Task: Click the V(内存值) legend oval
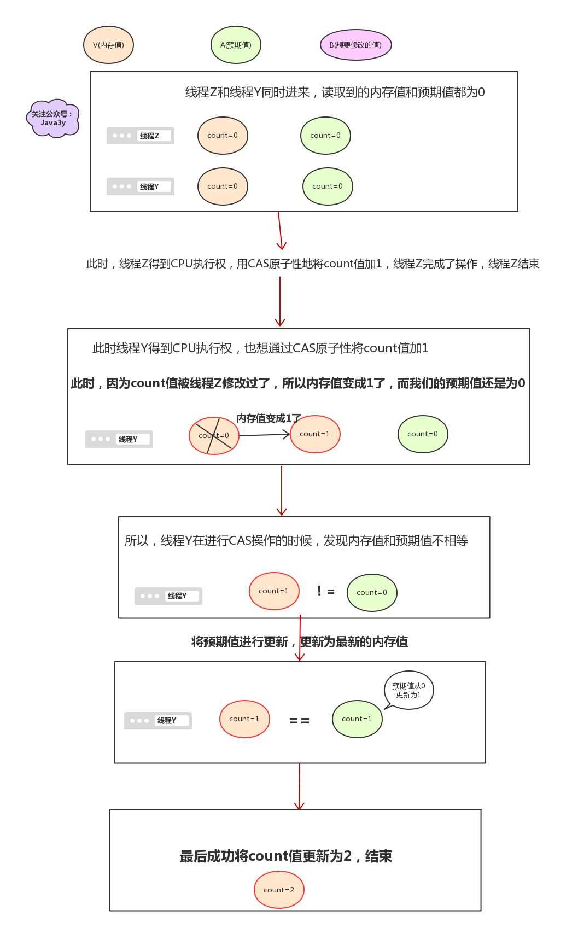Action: coord(108,45)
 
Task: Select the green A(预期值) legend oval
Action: coord(236,45)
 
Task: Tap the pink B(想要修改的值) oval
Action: coord(355,45)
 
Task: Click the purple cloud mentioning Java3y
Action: coord(52,118)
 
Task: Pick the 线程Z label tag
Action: coord(141,136)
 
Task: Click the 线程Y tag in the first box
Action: coord(141,186)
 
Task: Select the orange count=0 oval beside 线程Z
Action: coord(223,136)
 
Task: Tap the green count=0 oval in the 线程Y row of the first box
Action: coord(328,186)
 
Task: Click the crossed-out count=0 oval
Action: coord(214,436)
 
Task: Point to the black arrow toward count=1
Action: coord(264,435)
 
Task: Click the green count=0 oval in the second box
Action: coord(423,434)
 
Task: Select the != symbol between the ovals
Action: coord(325,591)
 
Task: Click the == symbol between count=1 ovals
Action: coord(299,721)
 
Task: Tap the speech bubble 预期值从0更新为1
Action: coord(409,690)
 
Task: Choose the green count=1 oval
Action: coord(357,719)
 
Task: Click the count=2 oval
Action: coord(279,890)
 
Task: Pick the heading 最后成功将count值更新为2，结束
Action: coord(285,856)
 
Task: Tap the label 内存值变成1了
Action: coord(269,418)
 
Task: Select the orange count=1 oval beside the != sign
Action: coord(274,591)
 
